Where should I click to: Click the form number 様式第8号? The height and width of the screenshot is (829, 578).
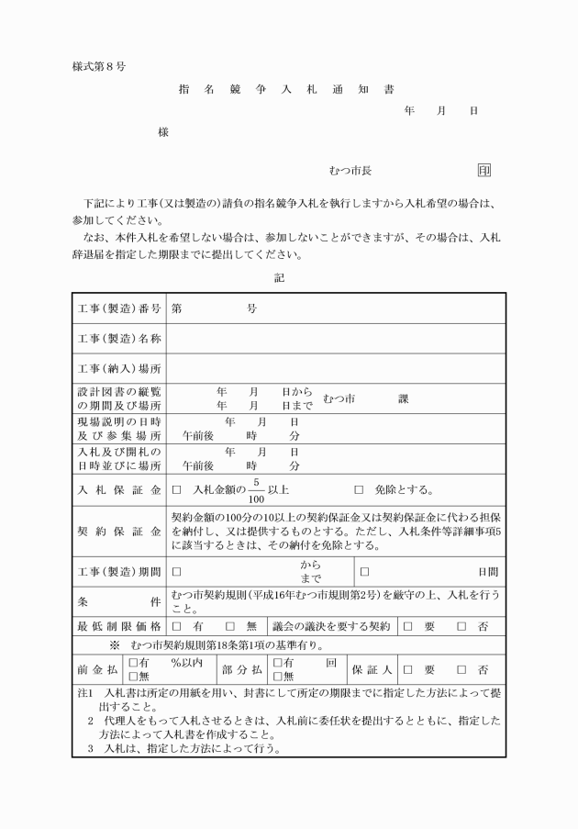click(98, 67)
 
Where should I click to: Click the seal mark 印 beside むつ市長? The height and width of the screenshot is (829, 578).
click(484, 171)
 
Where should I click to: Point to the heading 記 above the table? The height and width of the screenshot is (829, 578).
click(280, 276)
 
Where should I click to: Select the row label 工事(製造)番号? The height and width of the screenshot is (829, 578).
click(119, 309)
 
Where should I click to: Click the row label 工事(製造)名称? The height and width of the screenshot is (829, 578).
click(119, 339)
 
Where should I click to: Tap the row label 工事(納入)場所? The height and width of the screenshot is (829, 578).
click(119, 369)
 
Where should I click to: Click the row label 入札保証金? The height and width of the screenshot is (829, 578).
click(119, 489)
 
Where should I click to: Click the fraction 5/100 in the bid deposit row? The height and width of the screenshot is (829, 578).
click(257, 490)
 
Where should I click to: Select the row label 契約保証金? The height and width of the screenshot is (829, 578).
click(119, 531)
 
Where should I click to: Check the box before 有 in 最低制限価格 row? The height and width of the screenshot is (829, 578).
click(176, 626)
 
